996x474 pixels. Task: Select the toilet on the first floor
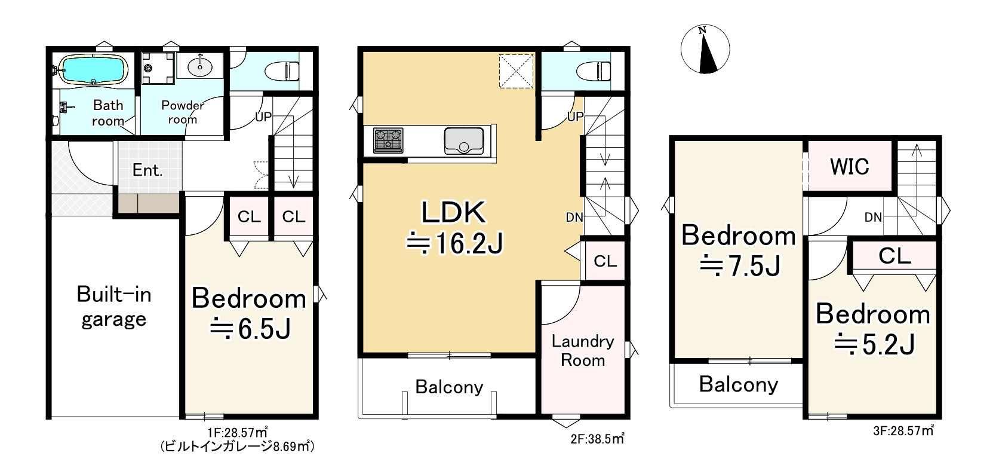[282, 71]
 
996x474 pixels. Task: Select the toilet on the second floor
[593, 71]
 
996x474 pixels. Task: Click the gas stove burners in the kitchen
[388, 140]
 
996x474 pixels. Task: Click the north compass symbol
[705, 49]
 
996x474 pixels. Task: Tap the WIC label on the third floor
[849, 167]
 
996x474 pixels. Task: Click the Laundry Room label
[583, 351]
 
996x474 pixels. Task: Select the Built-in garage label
[114, 307]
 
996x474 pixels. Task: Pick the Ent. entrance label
[147, 170]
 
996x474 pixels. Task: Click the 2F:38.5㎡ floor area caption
[597, 439]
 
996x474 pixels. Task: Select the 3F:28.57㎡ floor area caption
[903, 431]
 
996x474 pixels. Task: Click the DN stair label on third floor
[873, 217]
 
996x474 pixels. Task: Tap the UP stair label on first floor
[263, 117]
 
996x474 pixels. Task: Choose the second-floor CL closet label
[605, 261]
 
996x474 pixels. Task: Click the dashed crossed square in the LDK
[516, 71]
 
